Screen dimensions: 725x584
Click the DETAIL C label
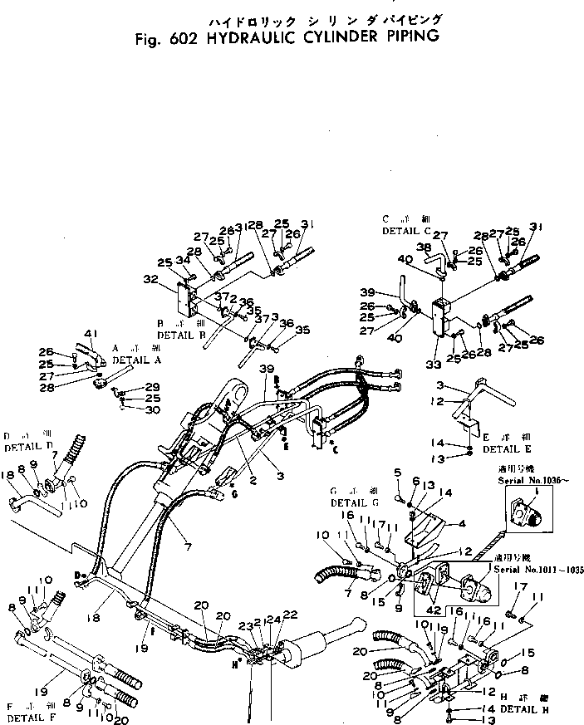(x=407, y=230)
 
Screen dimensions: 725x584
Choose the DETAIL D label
(x=28, y=447)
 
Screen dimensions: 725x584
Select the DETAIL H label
(x=523, y=710)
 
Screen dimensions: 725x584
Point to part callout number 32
(x=150, y=280)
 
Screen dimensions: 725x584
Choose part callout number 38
(x=423, y=247)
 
